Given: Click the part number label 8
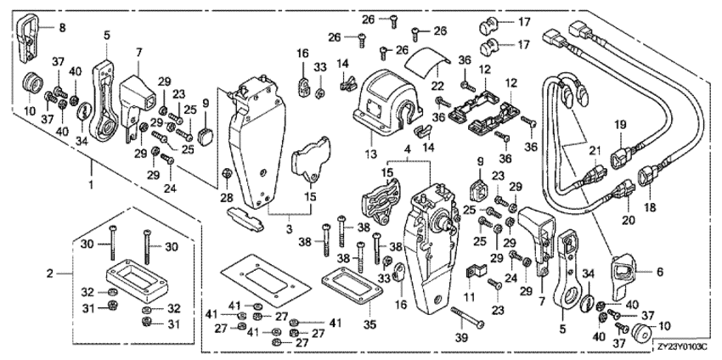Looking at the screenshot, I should tap(61, 27).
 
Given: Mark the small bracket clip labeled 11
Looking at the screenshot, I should tap(477, 272).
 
